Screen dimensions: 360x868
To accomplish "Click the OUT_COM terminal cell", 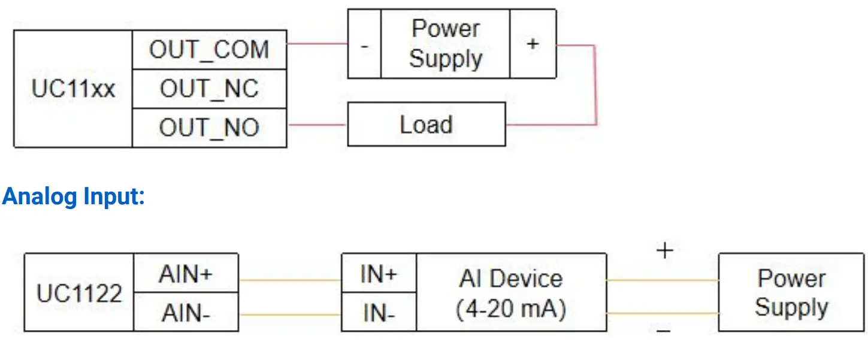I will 209,50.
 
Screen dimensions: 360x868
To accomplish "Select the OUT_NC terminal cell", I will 209,89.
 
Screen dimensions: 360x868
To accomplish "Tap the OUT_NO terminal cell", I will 209,128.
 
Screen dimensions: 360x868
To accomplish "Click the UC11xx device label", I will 73,89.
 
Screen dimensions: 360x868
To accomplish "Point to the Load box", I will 426,125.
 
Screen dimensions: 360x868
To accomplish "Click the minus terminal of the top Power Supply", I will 364,44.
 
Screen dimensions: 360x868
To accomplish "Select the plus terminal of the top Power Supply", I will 533,44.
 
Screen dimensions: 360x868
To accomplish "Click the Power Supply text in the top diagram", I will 446,44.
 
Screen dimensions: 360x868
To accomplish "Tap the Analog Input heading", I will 73,196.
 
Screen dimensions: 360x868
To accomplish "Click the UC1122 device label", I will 79,293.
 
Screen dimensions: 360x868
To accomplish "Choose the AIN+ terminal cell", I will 186,274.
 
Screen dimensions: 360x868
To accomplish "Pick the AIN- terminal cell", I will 186,312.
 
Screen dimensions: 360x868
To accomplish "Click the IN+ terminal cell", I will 379,274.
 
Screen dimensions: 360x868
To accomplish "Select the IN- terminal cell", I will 379,312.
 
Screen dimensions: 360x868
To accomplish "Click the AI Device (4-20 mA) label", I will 511,293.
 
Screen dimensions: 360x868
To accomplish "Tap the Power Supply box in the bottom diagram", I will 791,292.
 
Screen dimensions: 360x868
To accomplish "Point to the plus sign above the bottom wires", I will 664,250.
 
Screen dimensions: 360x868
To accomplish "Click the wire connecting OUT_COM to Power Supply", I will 317,44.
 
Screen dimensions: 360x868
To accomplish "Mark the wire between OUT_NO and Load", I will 317,125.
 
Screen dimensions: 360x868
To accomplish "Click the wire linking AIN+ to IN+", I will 290,280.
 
